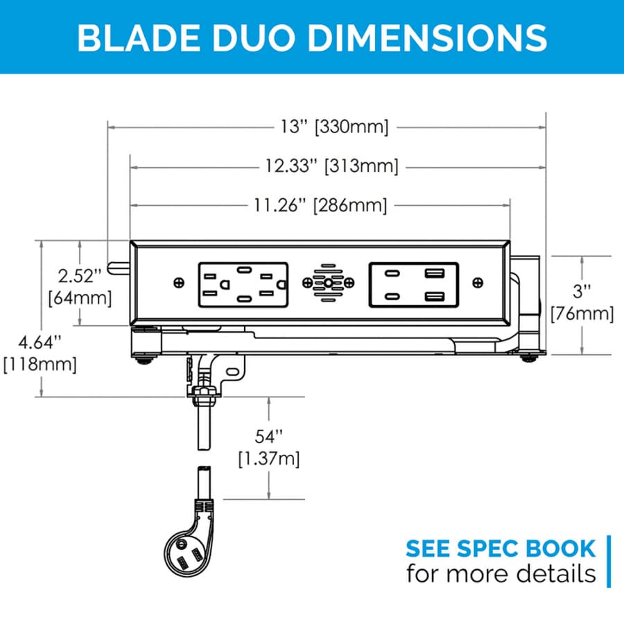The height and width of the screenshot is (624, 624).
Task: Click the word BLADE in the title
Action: (x=139, y=38)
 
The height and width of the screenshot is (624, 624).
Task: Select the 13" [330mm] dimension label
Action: (x=335, y=127)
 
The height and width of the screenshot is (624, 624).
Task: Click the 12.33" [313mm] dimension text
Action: (x=332, y=166)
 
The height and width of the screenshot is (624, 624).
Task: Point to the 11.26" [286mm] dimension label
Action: (x=321, y=205)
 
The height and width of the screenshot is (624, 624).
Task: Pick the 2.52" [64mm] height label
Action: (x=80, y=287)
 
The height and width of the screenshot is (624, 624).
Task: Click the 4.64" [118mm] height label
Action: (x=40, y=354)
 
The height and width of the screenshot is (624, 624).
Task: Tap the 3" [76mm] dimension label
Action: (x=582, y=303)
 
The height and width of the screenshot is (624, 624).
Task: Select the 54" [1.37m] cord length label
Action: (x=269, y=448)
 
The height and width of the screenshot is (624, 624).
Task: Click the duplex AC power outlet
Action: (x=243, y=284)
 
